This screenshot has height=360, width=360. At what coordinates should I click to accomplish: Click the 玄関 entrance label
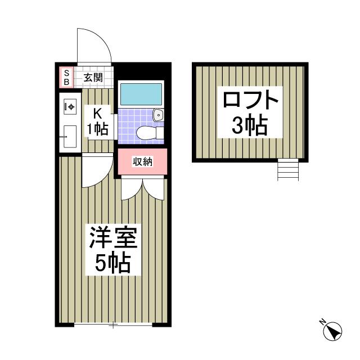(93, 78)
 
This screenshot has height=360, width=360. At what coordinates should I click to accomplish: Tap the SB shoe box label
(66, 78)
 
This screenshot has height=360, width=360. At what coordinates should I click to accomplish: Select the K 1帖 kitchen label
(97, 121)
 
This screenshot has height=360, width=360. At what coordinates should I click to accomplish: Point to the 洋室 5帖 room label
(112, 250)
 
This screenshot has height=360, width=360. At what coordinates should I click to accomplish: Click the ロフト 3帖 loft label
(250, 112)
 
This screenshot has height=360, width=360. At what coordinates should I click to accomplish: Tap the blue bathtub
(141, 94)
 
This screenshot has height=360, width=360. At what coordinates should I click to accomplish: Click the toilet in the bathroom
(147, 133)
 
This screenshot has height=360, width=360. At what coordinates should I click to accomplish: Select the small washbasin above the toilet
(159, 115)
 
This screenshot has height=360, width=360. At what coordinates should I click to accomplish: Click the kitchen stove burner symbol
(70, 105)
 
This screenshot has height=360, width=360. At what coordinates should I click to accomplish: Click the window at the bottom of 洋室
(112, 325)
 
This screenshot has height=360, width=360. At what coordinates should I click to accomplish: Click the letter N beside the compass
(323, 322)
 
